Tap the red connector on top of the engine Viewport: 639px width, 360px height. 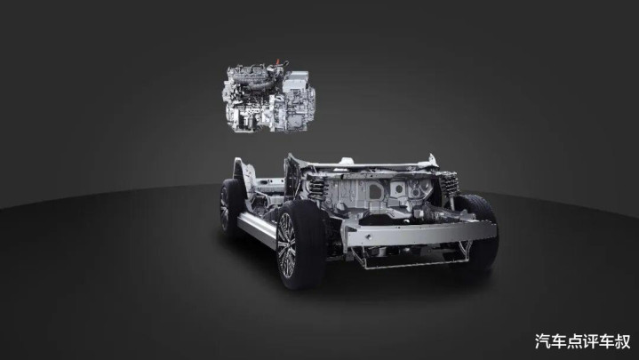[279, 62]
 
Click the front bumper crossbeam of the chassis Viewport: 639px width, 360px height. [420, 234]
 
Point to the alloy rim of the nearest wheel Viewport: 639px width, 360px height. [286, 245]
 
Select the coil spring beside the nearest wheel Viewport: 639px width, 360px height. [317, 188]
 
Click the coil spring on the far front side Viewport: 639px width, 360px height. [449, 184]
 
